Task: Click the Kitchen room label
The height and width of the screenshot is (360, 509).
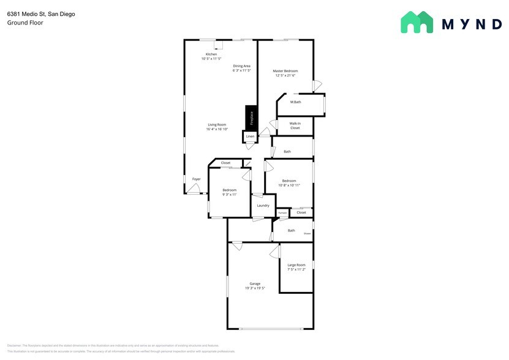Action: (211, 54)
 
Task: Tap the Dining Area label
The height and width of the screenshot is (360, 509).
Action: (241, 66)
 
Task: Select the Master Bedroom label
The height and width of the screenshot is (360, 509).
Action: (285, 71)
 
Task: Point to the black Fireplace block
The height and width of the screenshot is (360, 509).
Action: (251, 117)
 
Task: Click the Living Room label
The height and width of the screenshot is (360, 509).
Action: (217, 124)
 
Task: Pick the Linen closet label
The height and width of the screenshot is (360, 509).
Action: (250, 136)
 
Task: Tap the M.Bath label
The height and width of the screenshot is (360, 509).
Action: (295, 102)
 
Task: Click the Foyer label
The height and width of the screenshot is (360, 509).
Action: (196, 179)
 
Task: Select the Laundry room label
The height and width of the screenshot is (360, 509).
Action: (263, 205)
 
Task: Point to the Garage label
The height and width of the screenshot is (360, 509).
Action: (255, 283)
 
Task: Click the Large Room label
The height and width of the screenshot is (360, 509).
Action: (296, 264)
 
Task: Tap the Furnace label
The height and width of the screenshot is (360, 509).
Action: (282, 212)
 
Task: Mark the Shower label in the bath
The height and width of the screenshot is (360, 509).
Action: (307, 233)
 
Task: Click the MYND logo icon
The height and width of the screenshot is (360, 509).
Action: (417, 23)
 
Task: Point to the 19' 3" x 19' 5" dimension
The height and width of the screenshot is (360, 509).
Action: (255, 288)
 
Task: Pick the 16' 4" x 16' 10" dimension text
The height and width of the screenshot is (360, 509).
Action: (217, 129)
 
